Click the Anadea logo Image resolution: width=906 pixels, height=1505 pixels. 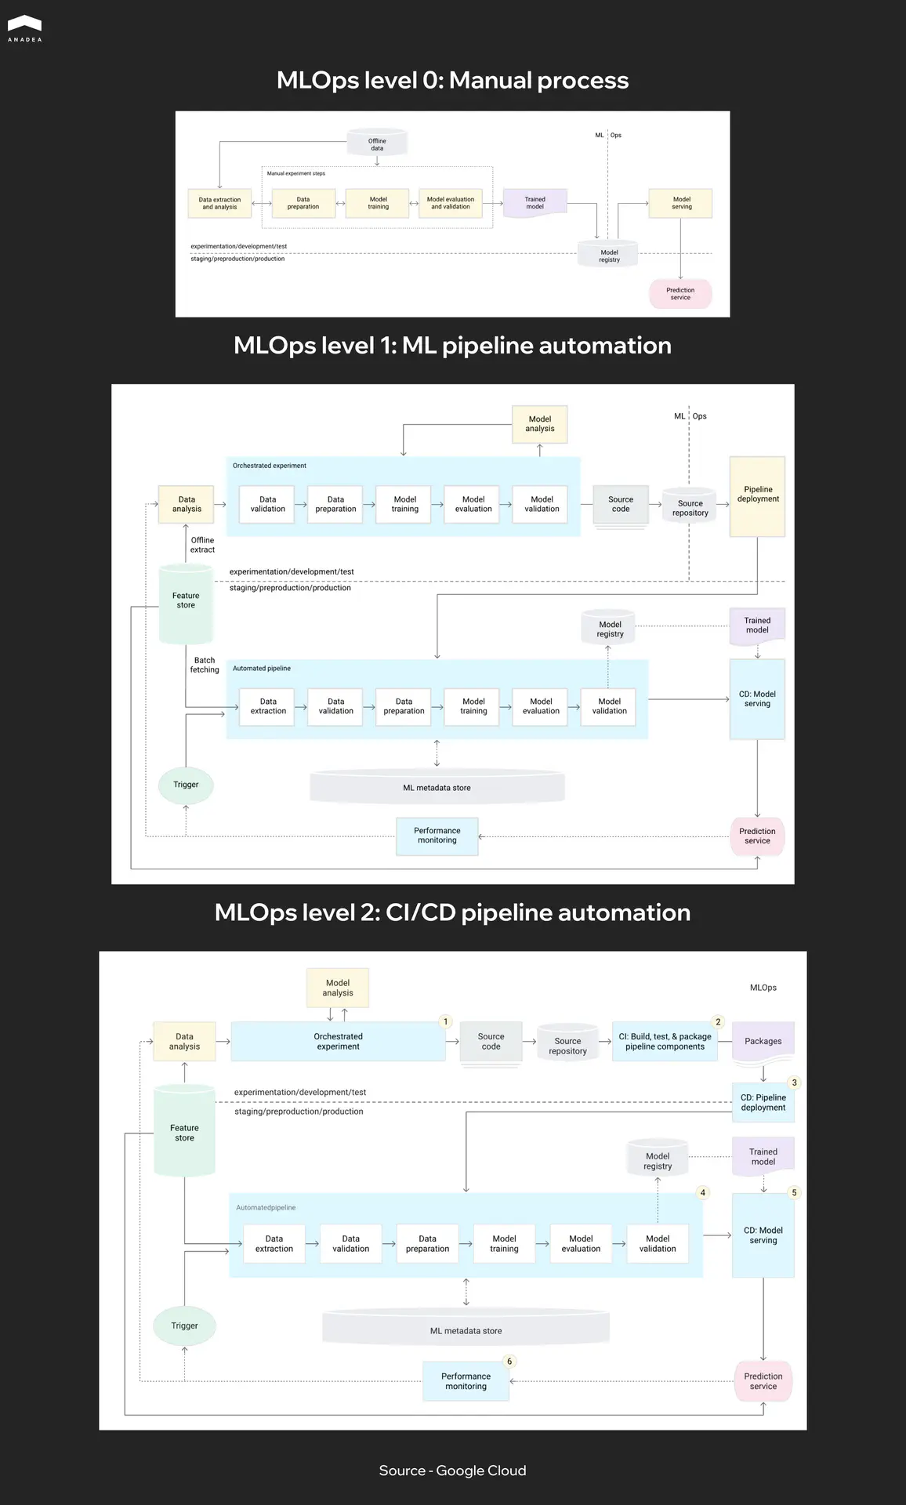pos(24,27)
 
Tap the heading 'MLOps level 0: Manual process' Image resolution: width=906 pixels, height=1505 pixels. pos(452,80)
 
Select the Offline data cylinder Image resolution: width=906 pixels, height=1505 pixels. pos(377,143)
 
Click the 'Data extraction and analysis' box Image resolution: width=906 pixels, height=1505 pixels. pos(219,203)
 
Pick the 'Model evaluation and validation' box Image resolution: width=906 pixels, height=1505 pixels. pos(451,203)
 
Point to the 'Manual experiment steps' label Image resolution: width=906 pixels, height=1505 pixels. pos(295,173)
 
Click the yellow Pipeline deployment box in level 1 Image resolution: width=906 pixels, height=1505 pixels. pos(757,495)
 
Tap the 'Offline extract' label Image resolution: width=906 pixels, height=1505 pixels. pos(202,545)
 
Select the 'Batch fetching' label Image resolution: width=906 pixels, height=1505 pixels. pos(205,665)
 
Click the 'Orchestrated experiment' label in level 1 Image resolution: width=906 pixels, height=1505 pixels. pos(270,466)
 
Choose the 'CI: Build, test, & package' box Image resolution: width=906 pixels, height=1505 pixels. pos(665,1041)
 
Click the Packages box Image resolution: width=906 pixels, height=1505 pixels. pos(763,1041)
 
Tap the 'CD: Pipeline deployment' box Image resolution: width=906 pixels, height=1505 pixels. pos(763,1102)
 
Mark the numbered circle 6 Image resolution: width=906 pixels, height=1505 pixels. pos(509,1361)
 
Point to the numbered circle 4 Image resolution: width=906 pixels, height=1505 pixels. pos(702,1192)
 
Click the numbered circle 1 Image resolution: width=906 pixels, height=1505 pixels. pos(446,1021)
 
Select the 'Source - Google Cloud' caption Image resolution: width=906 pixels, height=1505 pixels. pos(452,1471)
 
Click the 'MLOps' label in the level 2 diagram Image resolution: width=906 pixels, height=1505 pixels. pos(763,988)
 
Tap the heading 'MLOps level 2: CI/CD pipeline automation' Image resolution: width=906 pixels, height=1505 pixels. pos(452,912)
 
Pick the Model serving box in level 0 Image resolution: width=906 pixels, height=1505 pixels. pos(681,203)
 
